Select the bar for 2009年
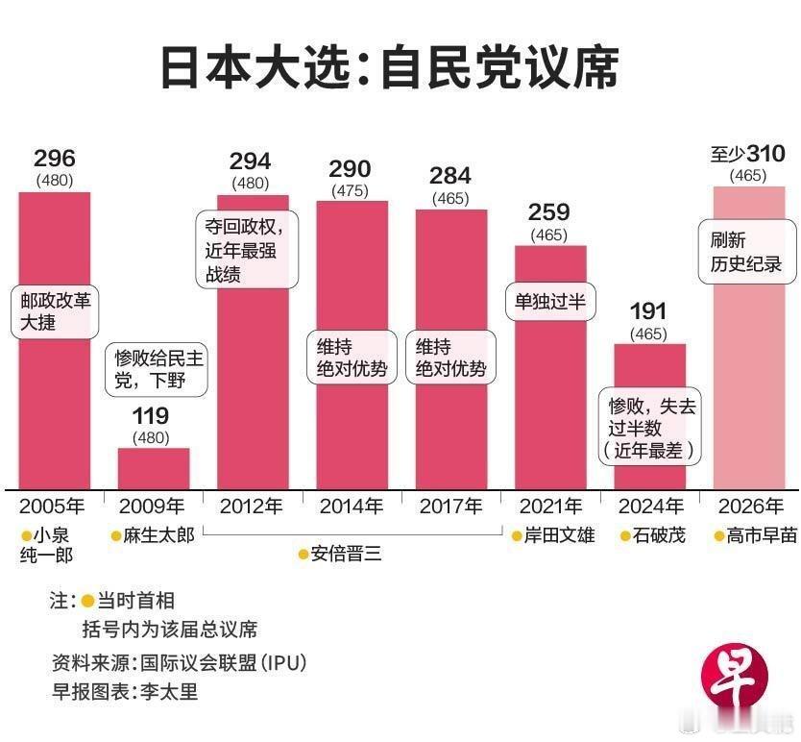click(154, 469)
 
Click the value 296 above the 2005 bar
click(55, 159)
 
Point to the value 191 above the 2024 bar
click(650, 311)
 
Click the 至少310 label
click(748, 154)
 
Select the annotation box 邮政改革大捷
click(55, 310)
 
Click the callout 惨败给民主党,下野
click(158, 369)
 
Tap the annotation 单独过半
click(549, 302)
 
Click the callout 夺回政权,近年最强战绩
click(247, 248)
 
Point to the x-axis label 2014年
click(352, 506)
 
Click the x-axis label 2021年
click(550, 506)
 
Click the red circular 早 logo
click(737, 683)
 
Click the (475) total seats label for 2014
click(350, 190)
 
